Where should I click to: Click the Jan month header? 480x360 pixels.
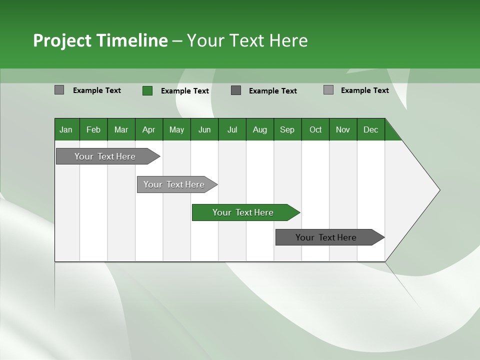(66, 129)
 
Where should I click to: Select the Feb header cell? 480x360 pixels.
(93, 129)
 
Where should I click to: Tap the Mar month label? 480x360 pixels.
(121, 129)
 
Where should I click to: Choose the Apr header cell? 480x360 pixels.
(149, 129)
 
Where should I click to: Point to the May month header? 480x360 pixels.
(176, 129)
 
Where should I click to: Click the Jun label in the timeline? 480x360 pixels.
(204, 129)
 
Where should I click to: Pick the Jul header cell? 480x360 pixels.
(232, 129)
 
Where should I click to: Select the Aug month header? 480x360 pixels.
(260, 129)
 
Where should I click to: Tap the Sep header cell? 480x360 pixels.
(287, 129)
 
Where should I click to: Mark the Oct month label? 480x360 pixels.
(315, 129)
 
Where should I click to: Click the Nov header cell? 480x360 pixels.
(343, 129)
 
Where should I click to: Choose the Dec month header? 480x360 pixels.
(371, 129)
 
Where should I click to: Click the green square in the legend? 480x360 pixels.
(147, 90)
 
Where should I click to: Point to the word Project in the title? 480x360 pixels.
(62, 40)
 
